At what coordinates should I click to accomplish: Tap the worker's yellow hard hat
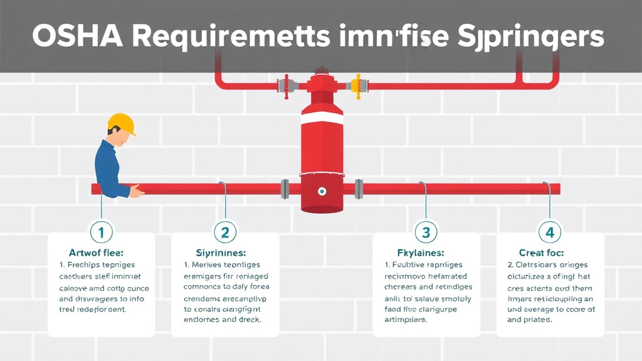click(x=122, y=123)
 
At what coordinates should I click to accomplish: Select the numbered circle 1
click(x=102, y=233)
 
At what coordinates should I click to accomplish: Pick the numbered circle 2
click(x=224, y=233)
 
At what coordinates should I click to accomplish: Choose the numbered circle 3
click(x=426, y=233)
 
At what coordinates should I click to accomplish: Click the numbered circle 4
click(x=550, y=233)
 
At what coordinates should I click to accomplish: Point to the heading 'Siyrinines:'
click(x=224, y=253)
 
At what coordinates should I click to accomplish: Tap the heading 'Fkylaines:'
click(x=421, y=253)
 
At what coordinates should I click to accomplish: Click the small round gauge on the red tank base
click(x=322, y=191)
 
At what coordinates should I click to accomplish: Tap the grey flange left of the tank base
click(x=285, y=188)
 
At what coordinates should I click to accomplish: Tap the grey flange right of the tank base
click(x=359, y=188)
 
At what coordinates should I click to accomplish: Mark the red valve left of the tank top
click(x=285, y=84)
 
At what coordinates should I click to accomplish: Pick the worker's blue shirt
click(x=107, y=166)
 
